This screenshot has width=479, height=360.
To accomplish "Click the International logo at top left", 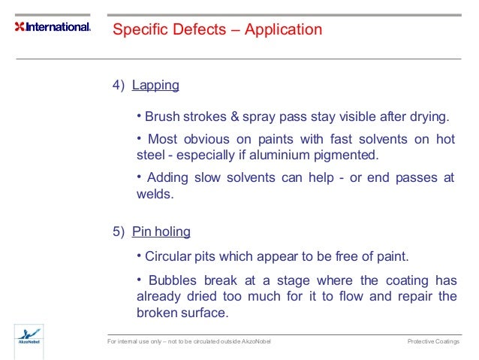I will (x=53, y=27).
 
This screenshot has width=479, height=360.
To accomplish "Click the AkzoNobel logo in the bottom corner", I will (x=29, y=336).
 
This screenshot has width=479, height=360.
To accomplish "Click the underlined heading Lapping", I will (x=155, y=85).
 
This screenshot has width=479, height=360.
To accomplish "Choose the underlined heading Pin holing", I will (x=161, y=231).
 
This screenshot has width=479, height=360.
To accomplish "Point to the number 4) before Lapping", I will (x=119, y=85).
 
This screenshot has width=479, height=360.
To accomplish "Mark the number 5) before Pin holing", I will (x=119, y=231).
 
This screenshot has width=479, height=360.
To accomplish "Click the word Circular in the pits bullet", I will (x=168, y=256).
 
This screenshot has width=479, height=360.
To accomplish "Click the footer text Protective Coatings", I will (x=433, y=342).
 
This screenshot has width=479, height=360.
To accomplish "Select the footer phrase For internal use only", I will (x=138, y=342).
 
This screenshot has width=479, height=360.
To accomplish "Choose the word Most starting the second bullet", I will (x=163, y=139).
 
